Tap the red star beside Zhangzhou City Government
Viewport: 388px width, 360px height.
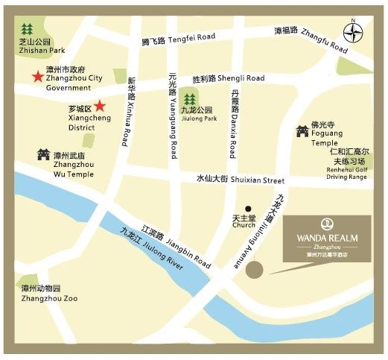pos(35,76)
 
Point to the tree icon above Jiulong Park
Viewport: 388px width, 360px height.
pos(189,98)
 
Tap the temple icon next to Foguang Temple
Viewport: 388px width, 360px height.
pos(302,132)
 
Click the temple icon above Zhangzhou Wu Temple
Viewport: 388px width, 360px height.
pos(42,154)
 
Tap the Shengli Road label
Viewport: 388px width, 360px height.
pos(228,78)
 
